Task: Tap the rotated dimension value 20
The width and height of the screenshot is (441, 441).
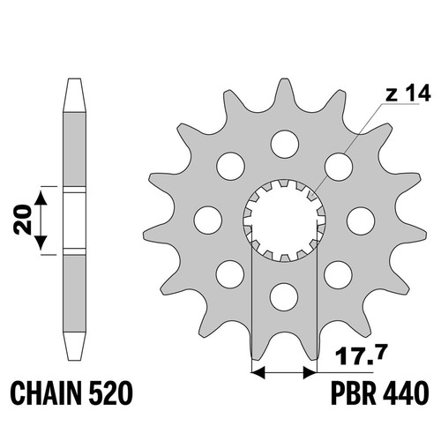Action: pos(22,220)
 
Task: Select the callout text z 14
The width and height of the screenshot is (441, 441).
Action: pos(408,93)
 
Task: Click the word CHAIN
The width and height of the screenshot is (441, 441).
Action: pos(46,392)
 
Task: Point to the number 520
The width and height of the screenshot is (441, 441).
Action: pos(109,392)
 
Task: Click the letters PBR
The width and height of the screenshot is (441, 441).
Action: pos(354,392)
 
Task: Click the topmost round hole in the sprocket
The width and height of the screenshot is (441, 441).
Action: pos(285,144)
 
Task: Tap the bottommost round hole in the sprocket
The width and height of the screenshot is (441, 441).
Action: pos(284,297)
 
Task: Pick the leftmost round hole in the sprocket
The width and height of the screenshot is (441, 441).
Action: pos(208,220)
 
